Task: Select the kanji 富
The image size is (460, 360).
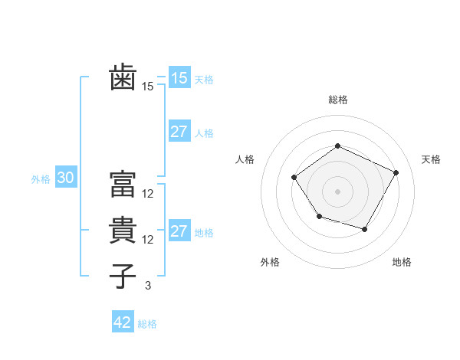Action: [x=123, y=183]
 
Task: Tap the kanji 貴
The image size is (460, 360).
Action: [x=123, y=230]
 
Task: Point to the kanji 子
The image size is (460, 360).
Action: [x=123, y=277]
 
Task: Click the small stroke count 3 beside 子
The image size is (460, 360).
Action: [x=148, y=286]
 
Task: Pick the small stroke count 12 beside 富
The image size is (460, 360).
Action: [x=148, y=193]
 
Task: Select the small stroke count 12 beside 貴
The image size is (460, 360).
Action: [x=148, y=240]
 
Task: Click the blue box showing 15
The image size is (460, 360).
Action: [x=179, y=77]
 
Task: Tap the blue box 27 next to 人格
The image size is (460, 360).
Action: [x=179, y=132]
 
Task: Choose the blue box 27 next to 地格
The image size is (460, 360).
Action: [x=179, y=231]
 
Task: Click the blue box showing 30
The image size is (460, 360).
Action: [x=65, y=178]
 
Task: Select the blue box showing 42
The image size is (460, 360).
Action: [x=123, y=322]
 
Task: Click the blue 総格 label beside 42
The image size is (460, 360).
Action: [x=147, y=324]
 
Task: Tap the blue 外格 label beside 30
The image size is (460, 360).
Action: [x=41, y=179]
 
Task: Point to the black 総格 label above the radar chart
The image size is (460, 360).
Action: [x=337, y=100]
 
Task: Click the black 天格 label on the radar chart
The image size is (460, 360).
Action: [x=431, y=159]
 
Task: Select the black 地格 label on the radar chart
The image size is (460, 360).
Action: [x=402, y=263]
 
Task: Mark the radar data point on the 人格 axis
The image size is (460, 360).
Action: [x=294, y=177]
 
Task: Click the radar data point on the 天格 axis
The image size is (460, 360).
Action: [x=396, y=172]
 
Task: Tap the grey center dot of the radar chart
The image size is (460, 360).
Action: [x=337, y=191]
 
